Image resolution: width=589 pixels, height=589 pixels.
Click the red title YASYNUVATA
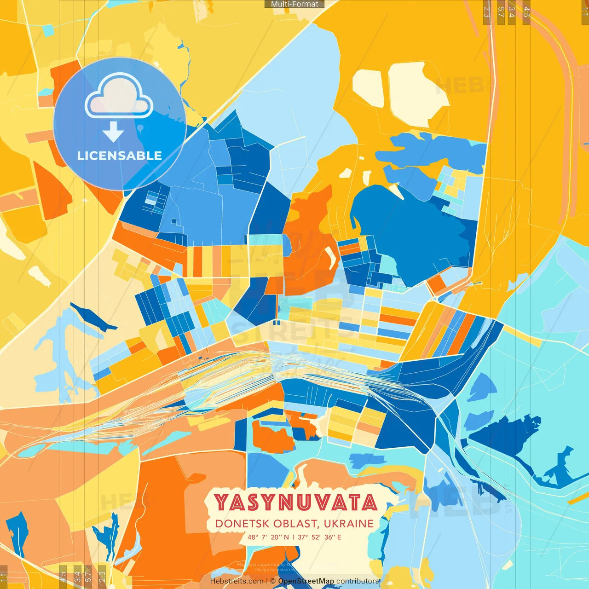[295, 502]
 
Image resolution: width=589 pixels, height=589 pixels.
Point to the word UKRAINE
[348, 524]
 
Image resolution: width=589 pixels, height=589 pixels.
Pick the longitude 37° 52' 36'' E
[320, 537]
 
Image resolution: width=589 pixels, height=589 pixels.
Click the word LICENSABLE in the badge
[120, 156]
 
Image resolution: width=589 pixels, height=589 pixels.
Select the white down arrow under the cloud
[113, 133]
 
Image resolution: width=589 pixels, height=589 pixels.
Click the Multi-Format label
[294, 4]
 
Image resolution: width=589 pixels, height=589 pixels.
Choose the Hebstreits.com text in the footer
[237, 581]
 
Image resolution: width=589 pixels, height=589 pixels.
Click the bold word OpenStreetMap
[306, 581]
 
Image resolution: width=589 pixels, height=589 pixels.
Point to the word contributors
[358, 581]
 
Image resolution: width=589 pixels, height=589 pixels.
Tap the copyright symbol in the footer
[273, 581]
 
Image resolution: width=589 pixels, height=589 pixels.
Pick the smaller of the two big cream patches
[368, 87]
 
